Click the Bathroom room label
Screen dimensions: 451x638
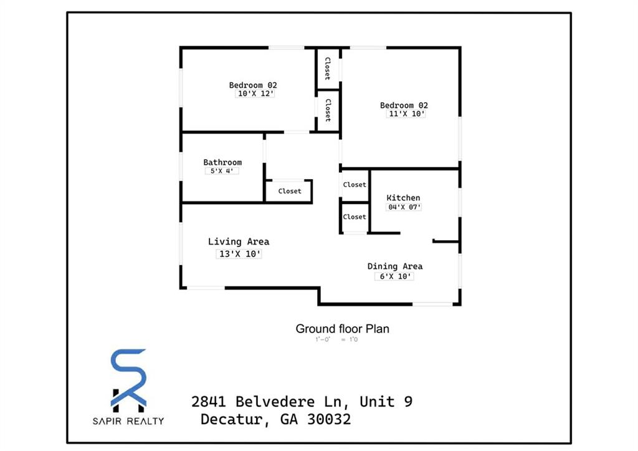tap(222, 163)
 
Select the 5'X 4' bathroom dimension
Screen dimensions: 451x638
tap(222, 171)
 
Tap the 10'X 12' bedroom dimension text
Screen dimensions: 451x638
tap(255, 94)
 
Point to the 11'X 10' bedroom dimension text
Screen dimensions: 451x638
tap(406, 114)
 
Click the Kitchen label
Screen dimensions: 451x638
tap(403, 198)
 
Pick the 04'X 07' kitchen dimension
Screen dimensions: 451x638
tap(404, 207)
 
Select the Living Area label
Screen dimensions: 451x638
tap(239, 242)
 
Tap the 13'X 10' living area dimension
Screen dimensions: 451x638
tap(239, 254)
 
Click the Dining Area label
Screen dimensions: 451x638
tap(395, 266)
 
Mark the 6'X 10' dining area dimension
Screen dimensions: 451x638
tap(393, 276)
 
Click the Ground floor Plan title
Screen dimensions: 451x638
tap(342, 329)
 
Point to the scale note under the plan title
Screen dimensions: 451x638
tap(336, 340)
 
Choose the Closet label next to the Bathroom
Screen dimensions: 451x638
tap(290, 192)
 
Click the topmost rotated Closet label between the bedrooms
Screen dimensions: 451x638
tap(326, 69)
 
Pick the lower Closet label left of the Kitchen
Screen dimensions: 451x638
tap(355, 217)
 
